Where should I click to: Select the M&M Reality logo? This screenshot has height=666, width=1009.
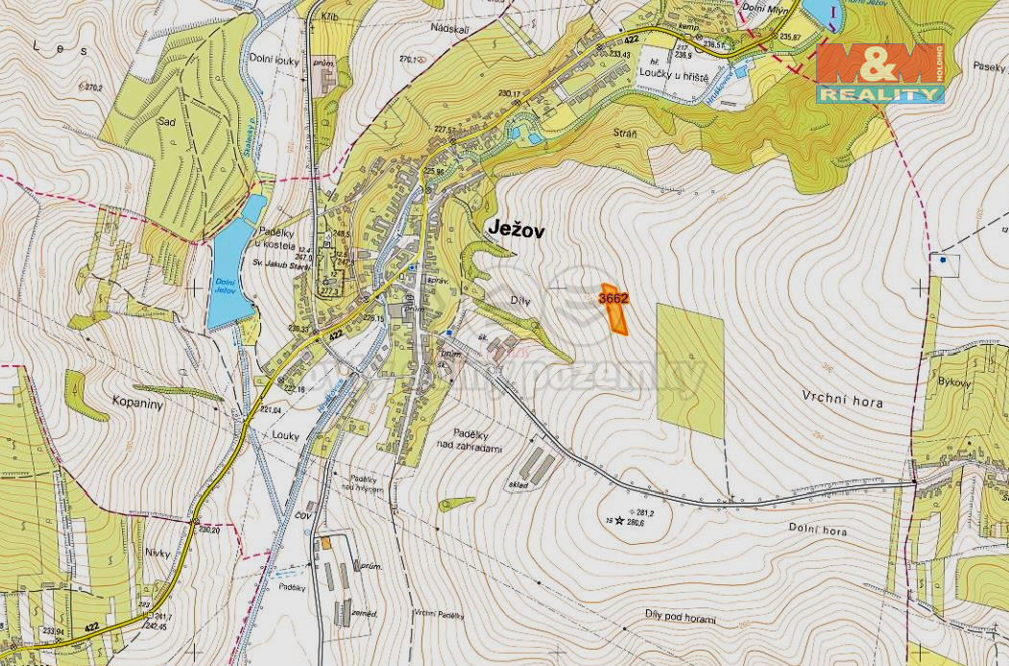click(879, 73)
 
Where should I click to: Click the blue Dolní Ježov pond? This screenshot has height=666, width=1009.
click(230, 264)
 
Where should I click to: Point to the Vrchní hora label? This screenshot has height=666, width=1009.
click(841, 402)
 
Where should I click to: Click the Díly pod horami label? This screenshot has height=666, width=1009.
click(681, 619)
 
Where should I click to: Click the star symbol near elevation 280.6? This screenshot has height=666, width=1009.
click(619, 521)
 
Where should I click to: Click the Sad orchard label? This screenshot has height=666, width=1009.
click(164, 123)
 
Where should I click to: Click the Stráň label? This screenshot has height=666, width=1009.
click(626, 130)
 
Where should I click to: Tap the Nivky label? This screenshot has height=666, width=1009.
click(157, 553)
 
